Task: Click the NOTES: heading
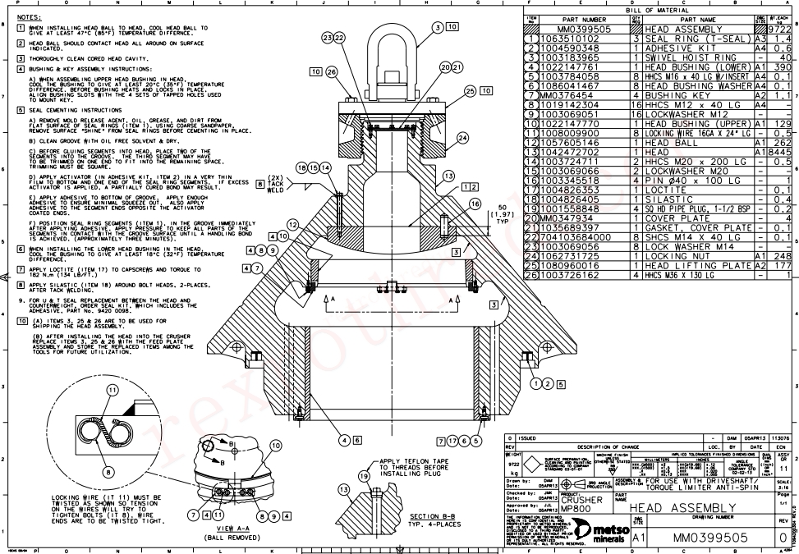pyautogui.click(x=30, y=16)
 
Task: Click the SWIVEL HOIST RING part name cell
pyautogui.click(x=690, y=59)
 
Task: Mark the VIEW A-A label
pyautogui.click(x=224, y=527)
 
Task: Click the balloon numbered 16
pyautogui.click(x=475, y=203)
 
